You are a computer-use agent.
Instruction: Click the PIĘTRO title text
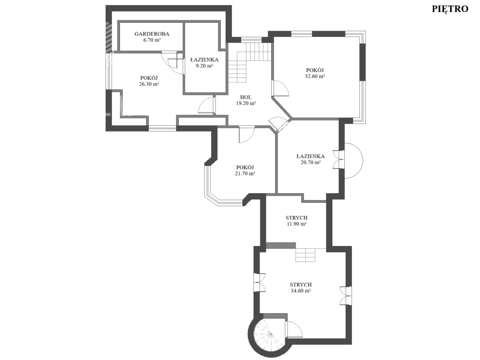pyautogui.click(x=450, y=9)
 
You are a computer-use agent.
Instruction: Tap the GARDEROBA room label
pyautogui.click(x=152, y=34)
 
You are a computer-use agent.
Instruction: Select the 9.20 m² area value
pyautogui.click(x=204, y=66)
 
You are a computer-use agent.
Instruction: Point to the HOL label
pyautogui.click(x=246, y=97)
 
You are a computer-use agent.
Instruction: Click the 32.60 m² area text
pyautogui.click(x=315, y=76)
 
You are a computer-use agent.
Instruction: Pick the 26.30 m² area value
pyautogui.click(x=149, y=84)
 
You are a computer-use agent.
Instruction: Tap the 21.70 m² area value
pyautogui.click(x=245, y=173)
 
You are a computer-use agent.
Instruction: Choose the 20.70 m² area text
pyautogui.click(x=310, y=162)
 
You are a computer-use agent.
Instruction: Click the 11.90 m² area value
pyautogui.click(x=296, y=224)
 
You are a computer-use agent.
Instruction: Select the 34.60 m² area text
pyautogui.click(x=301, y=291)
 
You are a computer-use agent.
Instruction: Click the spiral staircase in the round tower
pyautogui.click(x=269, y=334)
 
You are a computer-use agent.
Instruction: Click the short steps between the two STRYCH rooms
pyautogui.click(x=306, y=255)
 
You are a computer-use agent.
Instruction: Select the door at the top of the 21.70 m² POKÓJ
pyautogui.click(x=247, y=134)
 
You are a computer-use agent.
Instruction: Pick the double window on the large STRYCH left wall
pyautogui.click(x=259, y=282)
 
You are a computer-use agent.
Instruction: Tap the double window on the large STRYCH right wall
pyautogui.click(x=346, y=296)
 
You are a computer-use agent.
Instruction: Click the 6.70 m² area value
pyautogui.click(x=152, y=40)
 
